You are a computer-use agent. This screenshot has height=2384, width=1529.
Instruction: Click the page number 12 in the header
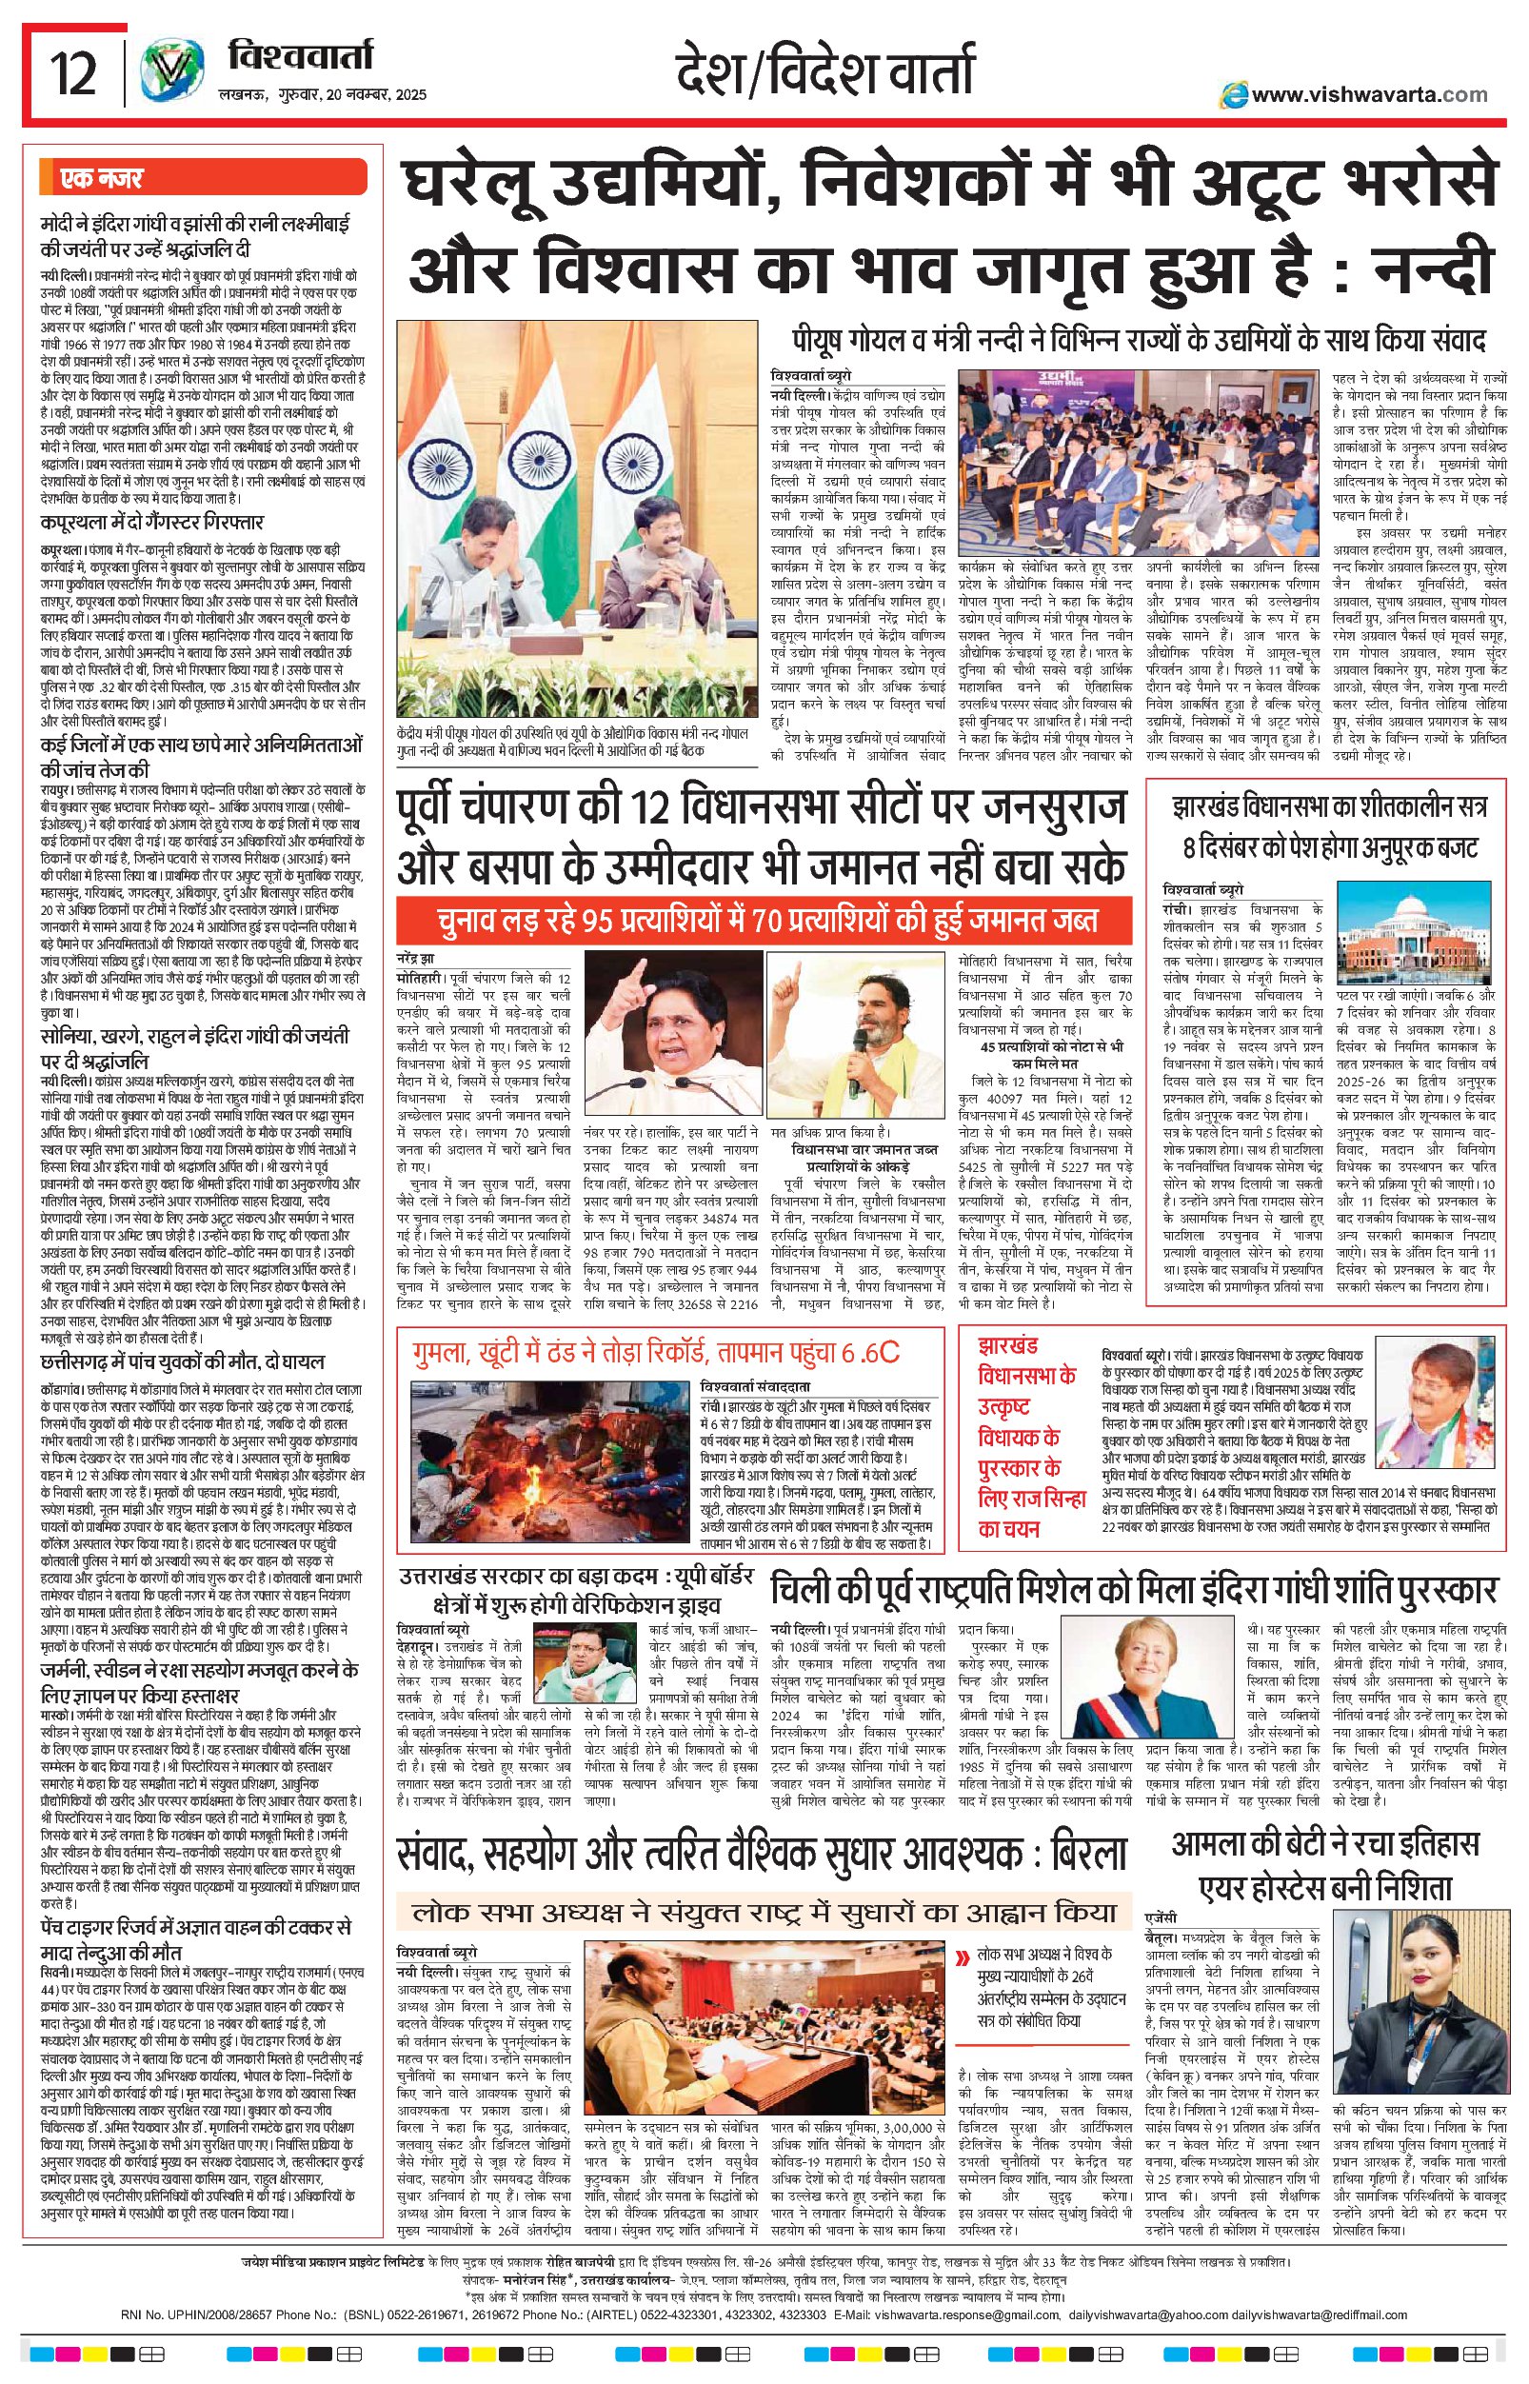tap(73, 75)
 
